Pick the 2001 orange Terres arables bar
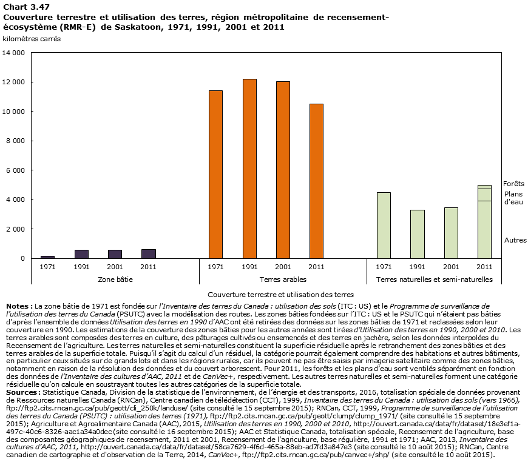point(283,170)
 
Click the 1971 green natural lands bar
point(384,225)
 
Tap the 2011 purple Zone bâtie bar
point(149,253)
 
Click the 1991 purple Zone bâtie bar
point(81,254)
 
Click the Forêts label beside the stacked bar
point(513,183)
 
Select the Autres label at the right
point(515,240)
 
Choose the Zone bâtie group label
point(115,280)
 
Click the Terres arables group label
point(283,280)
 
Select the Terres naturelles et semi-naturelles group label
point(434,280)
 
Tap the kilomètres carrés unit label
point(32,39)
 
